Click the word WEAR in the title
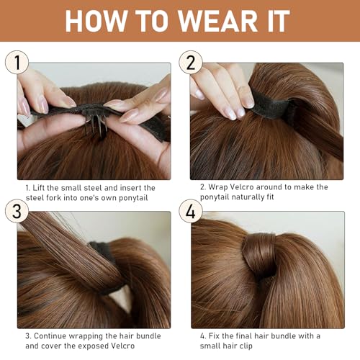tap(217, 21)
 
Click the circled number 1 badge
tap(17, 62)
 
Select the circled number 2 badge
tap(191, 62)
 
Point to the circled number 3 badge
tap(17, 211)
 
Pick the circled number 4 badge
tap(191, 211)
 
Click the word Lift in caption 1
tap(38, 188)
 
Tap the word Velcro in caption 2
tap(240, 187)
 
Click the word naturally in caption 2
tap(247, 197)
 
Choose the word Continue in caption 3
tap(50, 336)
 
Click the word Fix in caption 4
tap(214, 336)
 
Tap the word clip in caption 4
tap(246, 346)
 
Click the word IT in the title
tap(279, 21)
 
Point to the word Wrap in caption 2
tap(218, 187)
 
